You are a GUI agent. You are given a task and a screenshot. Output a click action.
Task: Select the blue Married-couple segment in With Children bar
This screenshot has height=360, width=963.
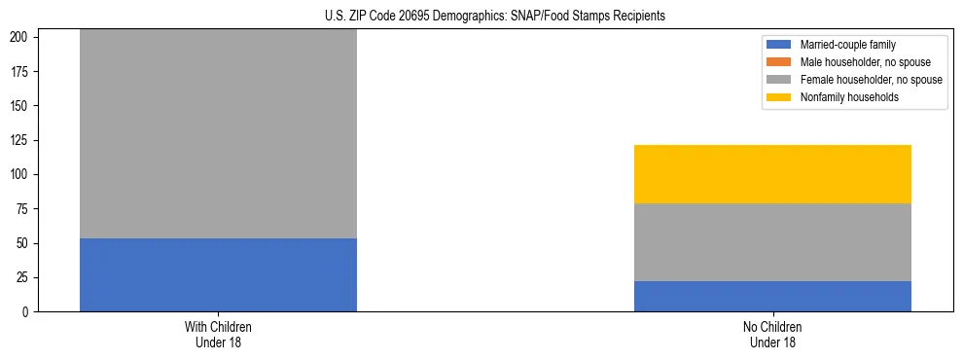tap(218, 274)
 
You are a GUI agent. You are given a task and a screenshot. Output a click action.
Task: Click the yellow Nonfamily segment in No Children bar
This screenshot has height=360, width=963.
tap(772, 174)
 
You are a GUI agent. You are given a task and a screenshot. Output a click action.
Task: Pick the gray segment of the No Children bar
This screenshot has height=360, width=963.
tap(772, 242)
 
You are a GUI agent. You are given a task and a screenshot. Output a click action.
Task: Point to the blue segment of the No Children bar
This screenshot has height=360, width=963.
tap(772, 296)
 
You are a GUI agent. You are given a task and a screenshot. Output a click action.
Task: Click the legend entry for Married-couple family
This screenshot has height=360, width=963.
tap(847, 45)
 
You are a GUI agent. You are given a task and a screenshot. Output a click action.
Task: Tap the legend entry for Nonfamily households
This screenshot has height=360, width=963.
tap(849, 97)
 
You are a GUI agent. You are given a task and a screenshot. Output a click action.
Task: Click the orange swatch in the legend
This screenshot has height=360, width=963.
tap(779, 62)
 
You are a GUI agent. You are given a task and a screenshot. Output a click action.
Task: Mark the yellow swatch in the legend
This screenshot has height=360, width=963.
tap(779, 97)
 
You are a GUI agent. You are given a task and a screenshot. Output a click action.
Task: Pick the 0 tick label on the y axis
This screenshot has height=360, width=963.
tap(29, 311)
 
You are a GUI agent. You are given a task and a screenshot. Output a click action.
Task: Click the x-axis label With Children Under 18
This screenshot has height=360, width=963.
tap(218, 334)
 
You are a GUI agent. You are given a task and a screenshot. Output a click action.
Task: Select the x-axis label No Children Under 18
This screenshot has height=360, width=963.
tap(772, 334)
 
